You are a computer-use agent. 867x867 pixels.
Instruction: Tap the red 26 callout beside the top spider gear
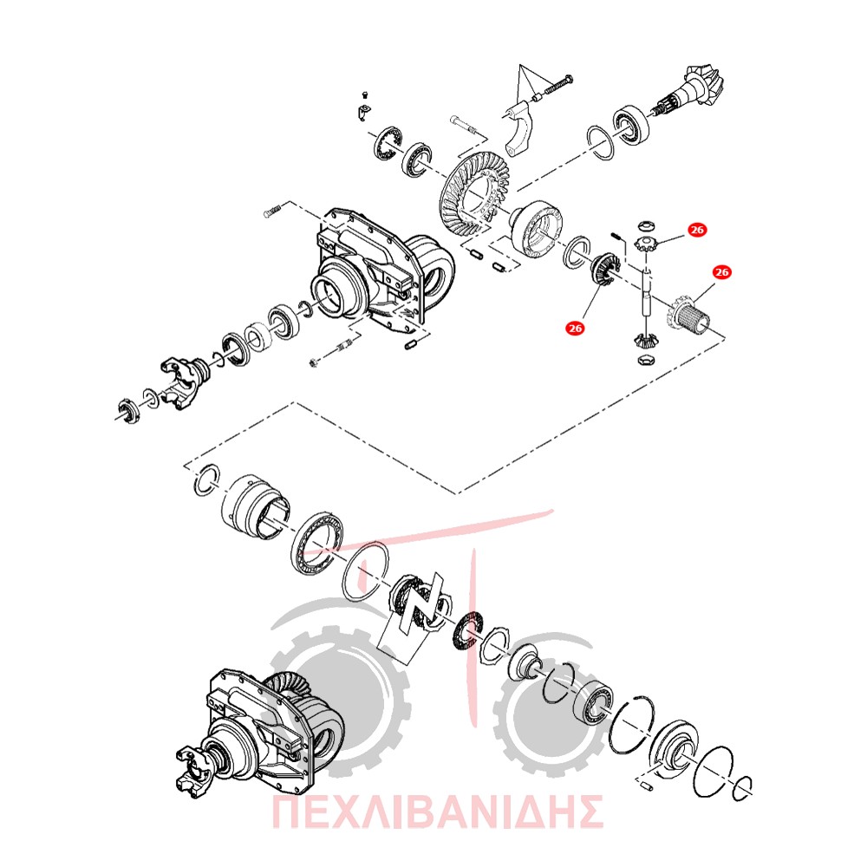(x=697, y=230)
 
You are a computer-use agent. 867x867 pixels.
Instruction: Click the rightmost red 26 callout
(x=721, y=272)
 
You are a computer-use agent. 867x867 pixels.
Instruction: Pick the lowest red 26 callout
(x=575, y=329)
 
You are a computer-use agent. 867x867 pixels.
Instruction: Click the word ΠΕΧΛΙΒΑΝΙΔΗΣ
(x=437, y=812)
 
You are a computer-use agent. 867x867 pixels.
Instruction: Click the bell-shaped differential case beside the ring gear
(x=537, y=228)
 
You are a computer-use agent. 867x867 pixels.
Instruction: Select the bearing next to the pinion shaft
(x=630, y=123)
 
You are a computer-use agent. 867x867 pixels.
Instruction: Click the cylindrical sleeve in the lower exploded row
(x=254, y=506)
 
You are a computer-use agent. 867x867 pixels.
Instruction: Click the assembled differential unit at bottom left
(x=260, y=731)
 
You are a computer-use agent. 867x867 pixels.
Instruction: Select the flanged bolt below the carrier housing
(x=330, y=354)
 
